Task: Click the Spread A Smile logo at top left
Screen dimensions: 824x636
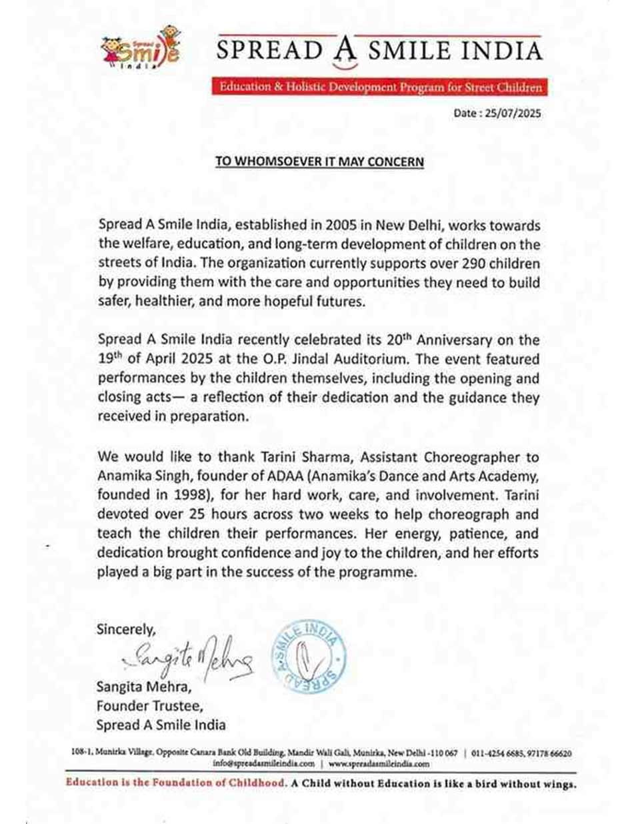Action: point(140,48)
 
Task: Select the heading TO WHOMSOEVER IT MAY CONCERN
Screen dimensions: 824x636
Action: point(319,161)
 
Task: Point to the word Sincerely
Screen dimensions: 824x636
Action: point(126,629)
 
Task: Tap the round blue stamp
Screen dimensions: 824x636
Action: point(308,658)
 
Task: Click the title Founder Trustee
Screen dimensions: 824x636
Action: point(150,705)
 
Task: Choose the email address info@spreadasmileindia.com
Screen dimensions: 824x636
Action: point(264,763)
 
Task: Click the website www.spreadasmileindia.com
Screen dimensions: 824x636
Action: point(379,763)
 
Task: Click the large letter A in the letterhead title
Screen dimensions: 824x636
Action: point(345,52)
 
